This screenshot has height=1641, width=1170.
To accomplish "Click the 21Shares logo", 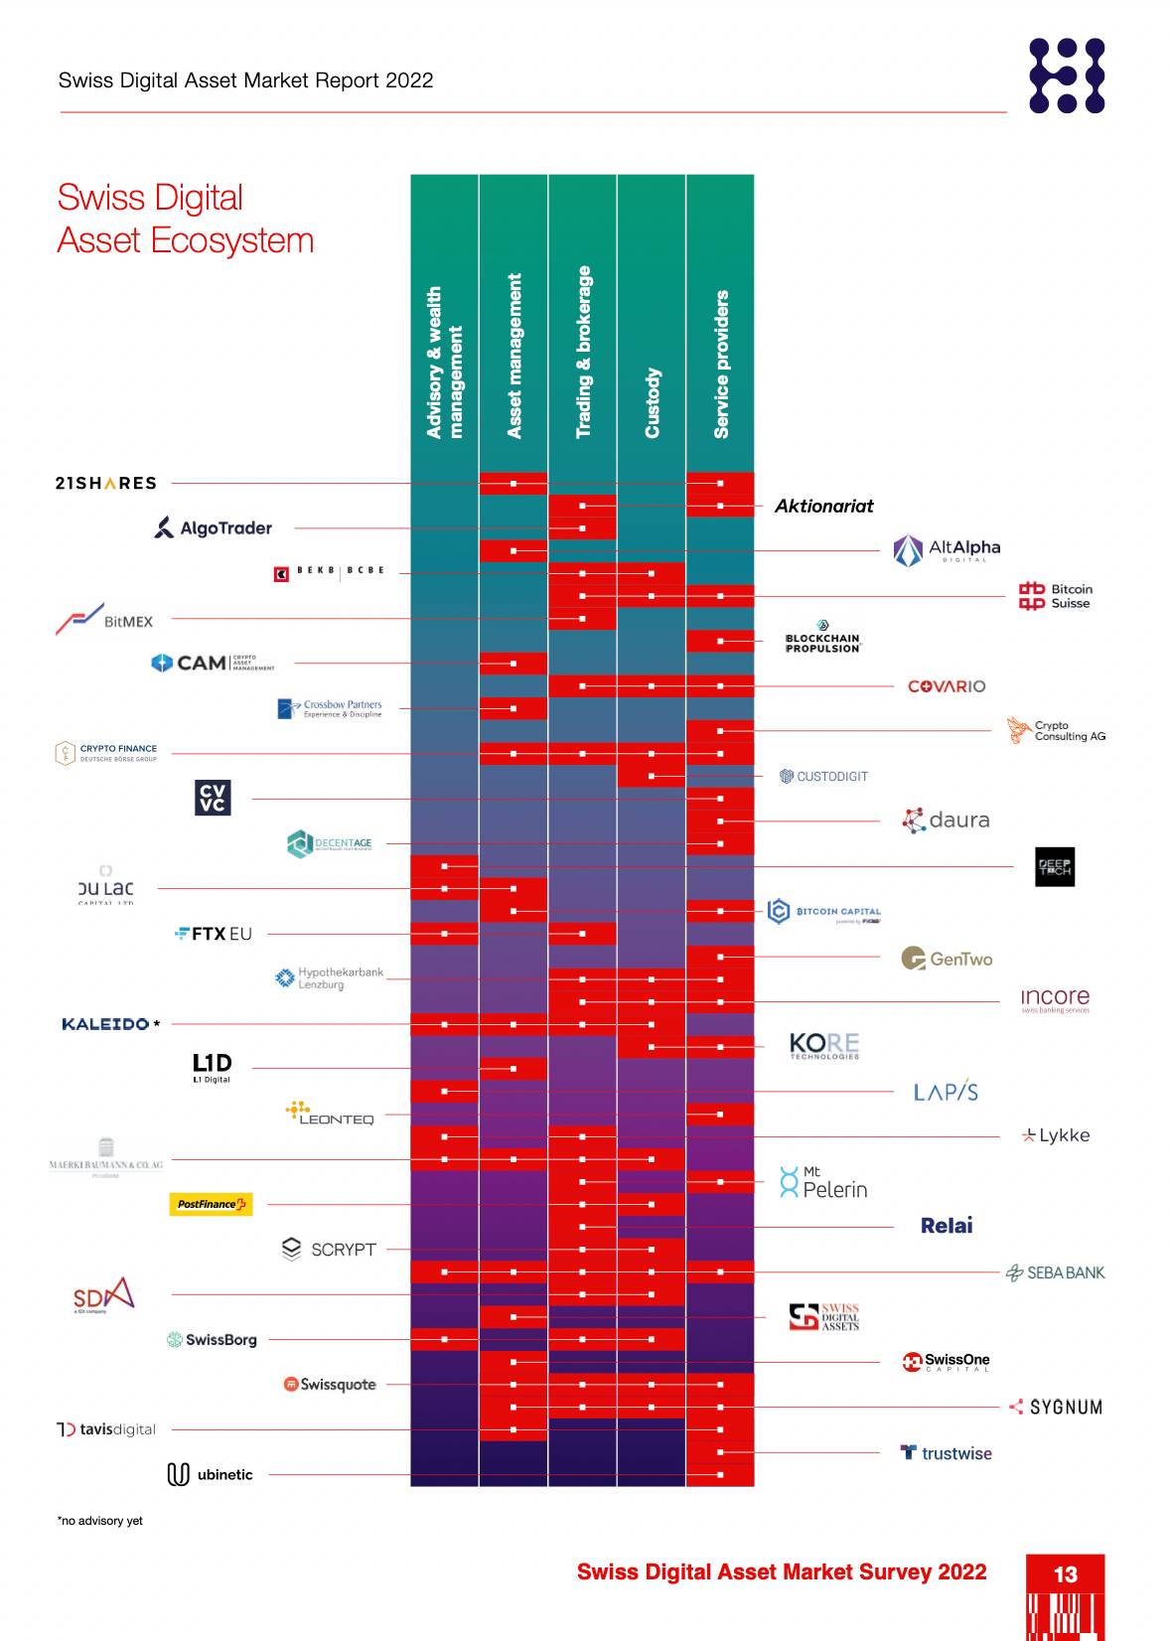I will coord(105,484).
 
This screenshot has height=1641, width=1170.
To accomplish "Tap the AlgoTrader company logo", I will coord(214,527).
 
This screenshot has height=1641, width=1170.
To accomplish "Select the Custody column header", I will coord(652,402).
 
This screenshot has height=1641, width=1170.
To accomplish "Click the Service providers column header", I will coord(721,364).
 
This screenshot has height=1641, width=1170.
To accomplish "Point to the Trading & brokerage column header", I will coord(583,352).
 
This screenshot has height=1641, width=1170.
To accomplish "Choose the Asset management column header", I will coord(513,356).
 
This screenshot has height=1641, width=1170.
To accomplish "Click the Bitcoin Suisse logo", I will coord(1055,596).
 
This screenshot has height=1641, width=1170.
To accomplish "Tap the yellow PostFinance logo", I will coord(211,1204).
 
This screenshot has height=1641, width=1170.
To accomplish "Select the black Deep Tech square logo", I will coord(1054,866).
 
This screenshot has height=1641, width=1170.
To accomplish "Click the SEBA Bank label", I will coord(1055,1272).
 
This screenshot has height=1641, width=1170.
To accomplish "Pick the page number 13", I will coord(1065,1574).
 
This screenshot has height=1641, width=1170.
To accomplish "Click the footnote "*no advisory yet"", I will coord(100,1521).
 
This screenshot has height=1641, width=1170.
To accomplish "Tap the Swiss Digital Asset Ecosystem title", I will coord(186,219).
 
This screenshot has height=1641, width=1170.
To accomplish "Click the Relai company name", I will coord(947,1226).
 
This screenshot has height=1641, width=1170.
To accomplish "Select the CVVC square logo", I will coord(213,798).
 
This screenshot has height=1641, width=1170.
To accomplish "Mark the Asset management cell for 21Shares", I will coord(513,484).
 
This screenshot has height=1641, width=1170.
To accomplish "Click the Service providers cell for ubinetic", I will coord(720,1475).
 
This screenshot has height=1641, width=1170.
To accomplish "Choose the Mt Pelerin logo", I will coord(823,1182).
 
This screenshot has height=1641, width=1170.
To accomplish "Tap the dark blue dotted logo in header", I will coord(1067,75).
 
